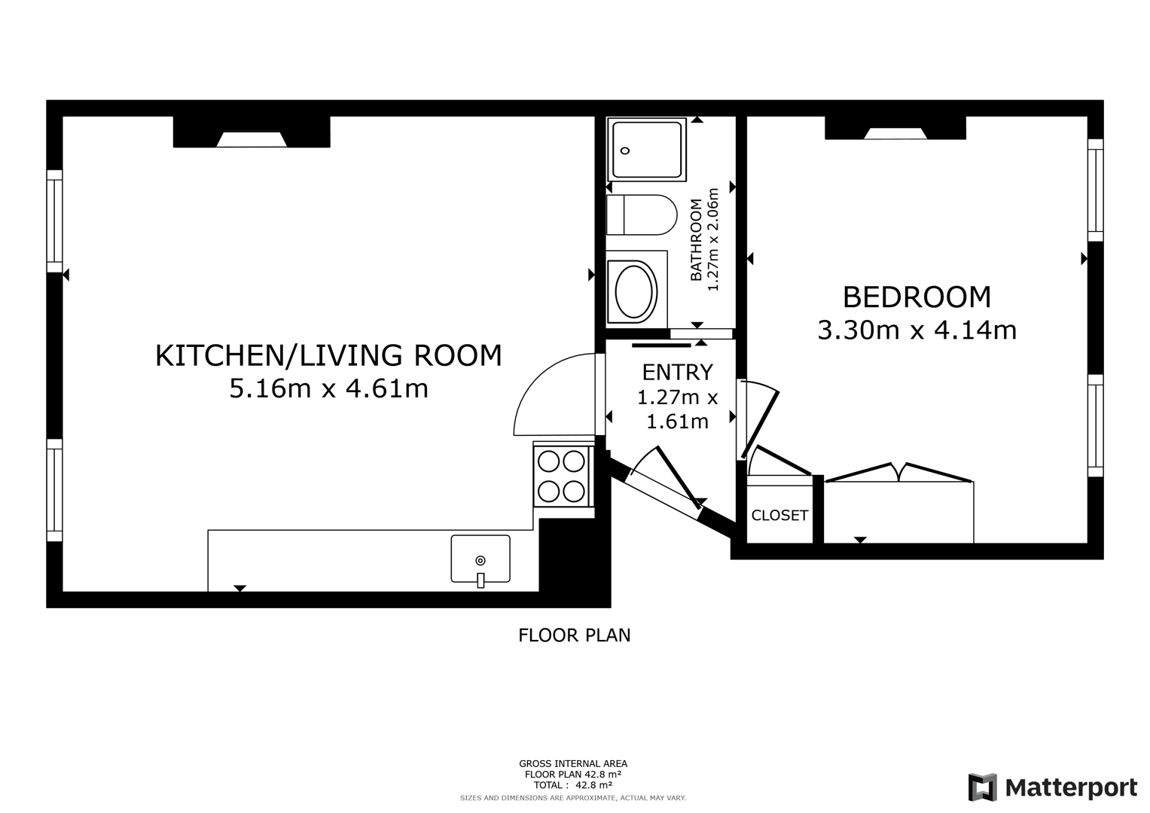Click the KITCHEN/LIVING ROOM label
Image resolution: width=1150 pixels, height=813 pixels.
click(328, 355)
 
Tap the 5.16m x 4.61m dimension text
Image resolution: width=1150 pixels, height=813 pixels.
click(328, 388)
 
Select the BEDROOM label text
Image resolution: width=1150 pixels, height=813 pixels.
click(917, 297)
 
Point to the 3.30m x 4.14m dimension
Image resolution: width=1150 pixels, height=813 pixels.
click(917, 330)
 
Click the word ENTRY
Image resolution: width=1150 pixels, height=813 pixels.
click(677, 373)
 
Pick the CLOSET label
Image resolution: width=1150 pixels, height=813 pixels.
click(779, 516)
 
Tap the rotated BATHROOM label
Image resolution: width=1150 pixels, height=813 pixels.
click(696, 239)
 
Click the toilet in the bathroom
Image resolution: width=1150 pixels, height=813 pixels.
click(642, 215)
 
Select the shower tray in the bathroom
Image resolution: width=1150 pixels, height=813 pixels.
click(647, 149)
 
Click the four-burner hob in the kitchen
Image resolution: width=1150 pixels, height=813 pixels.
click(562, 476)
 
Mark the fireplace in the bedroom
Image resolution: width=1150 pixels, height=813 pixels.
click(895, 129)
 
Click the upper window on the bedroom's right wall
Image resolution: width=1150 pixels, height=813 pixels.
click(1095, 190)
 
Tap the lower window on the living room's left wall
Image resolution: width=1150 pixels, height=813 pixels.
click(54, 490)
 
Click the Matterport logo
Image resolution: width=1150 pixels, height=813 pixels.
click(1052, 787)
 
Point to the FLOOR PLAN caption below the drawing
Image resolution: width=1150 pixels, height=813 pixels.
click(574, 635)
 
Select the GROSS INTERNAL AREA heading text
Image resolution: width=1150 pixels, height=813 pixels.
click(572, 763)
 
